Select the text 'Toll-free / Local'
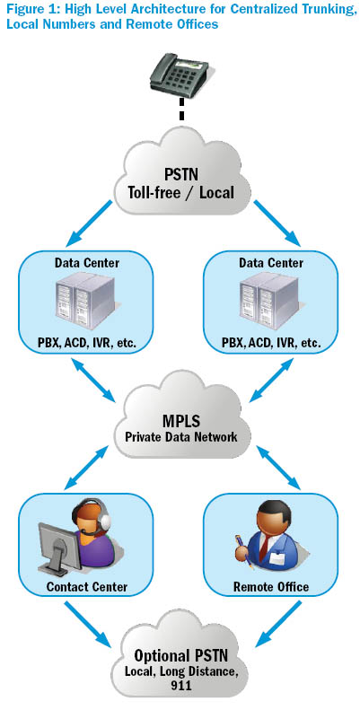[x=180, y=193]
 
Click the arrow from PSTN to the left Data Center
[x=90, y=224]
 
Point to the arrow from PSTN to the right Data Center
[x=277, y=224]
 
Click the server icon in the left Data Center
[x=85, y=301]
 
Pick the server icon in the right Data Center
[x=270, y=301]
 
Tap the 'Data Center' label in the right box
[x=271, y=263]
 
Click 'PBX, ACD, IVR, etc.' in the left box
[x=86, y=345]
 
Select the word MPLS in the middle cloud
[x=181, y=421]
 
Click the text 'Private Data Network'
[x=181, y=437]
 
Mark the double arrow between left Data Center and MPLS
[x=92, y=380]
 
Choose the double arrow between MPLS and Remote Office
[x=278, y=468]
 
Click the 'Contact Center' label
[x=87, y=587]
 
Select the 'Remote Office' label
[x=271, y=587]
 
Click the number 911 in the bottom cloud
[x=180, y=686]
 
